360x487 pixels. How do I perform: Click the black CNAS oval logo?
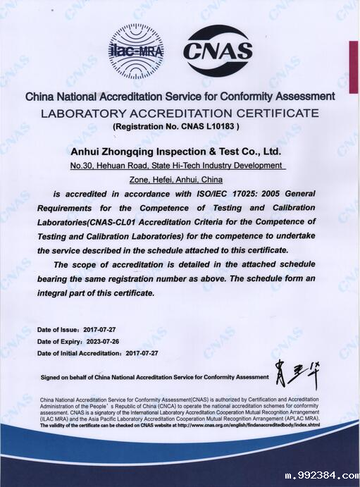[x=217, y=50]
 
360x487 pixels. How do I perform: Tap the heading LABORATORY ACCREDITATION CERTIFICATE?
[x=180, y=113]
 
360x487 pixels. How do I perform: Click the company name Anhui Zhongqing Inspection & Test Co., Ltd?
[x=177, y=151]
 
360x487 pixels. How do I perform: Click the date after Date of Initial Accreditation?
[x=141, y=352]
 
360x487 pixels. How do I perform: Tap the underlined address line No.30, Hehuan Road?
[x=177, y=166]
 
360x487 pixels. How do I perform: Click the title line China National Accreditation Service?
[x=180, y=97]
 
